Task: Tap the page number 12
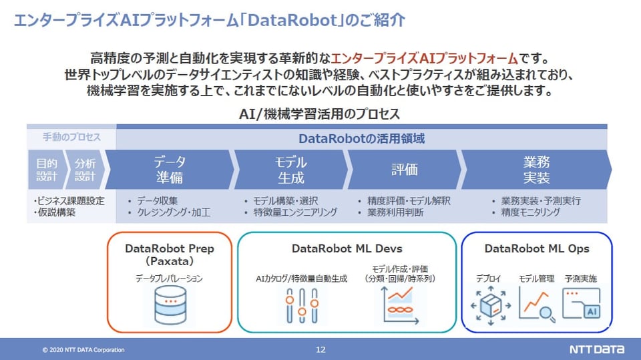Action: click(320, 349)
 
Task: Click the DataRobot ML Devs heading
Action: click(347, 249)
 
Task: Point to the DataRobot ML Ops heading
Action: click(537, 249)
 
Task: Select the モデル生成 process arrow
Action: click(290, 170)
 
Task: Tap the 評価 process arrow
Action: click(404, 170)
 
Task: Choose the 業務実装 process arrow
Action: click(536, 170)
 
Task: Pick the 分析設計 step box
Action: click(85, 170)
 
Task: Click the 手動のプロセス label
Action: click(71, 138)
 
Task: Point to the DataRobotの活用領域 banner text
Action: click(361, 139)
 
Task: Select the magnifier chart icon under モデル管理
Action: click(538, 305)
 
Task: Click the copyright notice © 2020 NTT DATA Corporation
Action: click(83, 350)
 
